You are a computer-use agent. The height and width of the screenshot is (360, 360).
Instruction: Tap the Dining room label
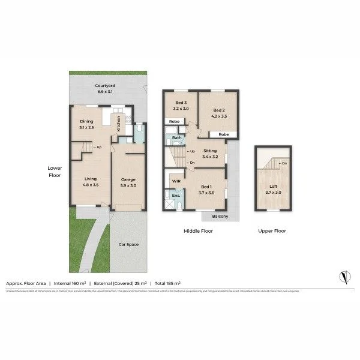pyautogui.click(x=86, y=124)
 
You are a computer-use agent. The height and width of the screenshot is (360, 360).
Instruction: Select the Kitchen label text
pyautogui.click(x=118, y=124)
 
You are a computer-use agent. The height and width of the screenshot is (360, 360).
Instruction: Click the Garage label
pyautogui.click(x=128, y=182)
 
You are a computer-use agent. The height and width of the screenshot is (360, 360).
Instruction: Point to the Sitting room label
pyautogui.click(x=210, y=154)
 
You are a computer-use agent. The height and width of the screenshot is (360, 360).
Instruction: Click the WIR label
pyautogui.click(x=176, y=180)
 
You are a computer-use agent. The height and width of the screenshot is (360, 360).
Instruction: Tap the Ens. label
pyautogui.click(x=176, y=196)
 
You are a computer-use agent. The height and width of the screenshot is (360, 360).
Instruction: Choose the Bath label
pyautogui.click(x=177, y=138)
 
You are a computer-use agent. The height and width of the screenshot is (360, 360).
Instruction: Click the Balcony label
pyautogui.click(x=218, y=217)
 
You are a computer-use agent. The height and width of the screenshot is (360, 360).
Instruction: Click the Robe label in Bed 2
pyautogui.click(x=223, y=134)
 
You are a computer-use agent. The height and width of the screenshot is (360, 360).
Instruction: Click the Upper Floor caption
pyautogui.click(x=272, y=231)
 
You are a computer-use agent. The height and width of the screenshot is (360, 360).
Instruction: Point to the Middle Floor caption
pyautogui.click(x=198, y=231)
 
